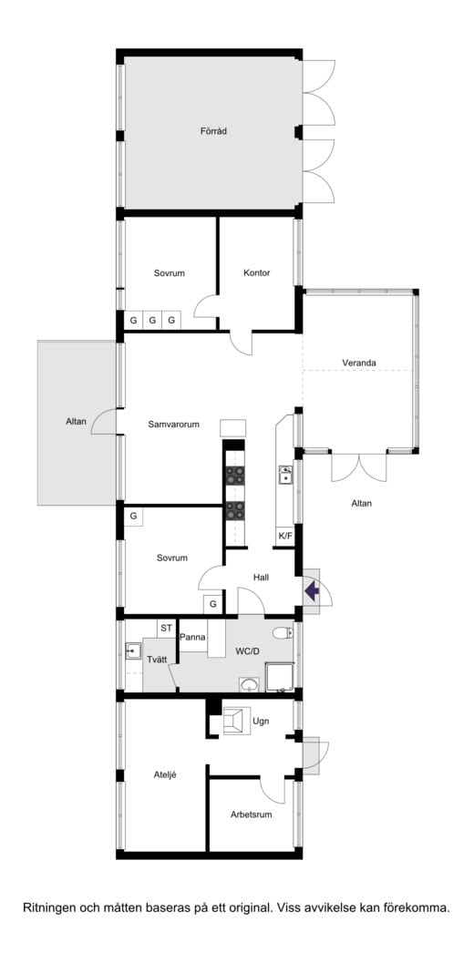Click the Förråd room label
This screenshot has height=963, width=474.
(209, 131)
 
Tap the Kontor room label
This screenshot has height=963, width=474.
(256, 272)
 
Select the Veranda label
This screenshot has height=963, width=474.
(359, 363)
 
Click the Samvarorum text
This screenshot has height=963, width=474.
(174, 424)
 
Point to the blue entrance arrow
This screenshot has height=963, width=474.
(312, 591)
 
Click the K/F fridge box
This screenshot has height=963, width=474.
(285, 536)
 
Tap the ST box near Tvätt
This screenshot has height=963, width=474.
(167, 629)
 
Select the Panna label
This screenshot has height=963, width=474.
(192, 637)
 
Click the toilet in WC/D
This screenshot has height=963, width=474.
(283, 633)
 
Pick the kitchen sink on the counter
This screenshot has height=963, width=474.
(285, 474)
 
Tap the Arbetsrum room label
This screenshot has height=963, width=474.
(251, 814)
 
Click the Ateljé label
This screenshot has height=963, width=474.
(165, 775)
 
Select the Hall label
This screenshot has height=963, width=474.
(261, 578)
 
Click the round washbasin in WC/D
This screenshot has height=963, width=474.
(249, 685)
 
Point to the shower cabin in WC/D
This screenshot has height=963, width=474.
(280, 677)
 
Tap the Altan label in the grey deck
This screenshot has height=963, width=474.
(77, 421)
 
